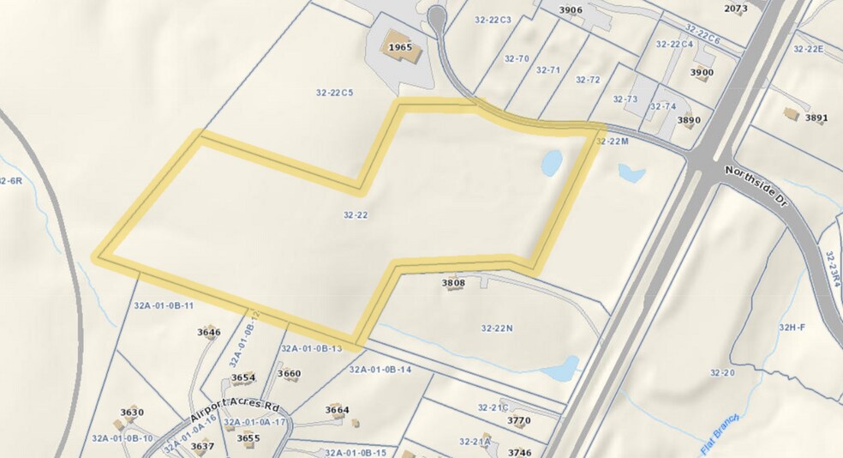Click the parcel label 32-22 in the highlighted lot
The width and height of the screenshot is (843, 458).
(356, 215)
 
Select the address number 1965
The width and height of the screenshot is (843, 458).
(400, 47)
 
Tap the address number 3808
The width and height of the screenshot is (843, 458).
(453, 281)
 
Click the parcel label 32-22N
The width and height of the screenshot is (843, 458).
(497, 328)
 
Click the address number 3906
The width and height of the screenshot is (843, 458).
(571, 10)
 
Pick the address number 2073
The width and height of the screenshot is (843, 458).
(735, 9)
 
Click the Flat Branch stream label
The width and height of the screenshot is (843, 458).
(719, 433)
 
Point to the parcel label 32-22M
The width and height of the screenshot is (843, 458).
(613, 142)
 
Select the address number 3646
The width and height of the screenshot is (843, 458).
(209, 332)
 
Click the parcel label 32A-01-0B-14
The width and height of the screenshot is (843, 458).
(380, 370)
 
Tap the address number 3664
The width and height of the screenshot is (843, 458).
(338, 410)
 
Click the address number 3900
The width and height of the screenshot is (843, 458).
(701, 73)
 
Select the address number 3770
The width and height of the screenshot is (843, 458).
(519, 420)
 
